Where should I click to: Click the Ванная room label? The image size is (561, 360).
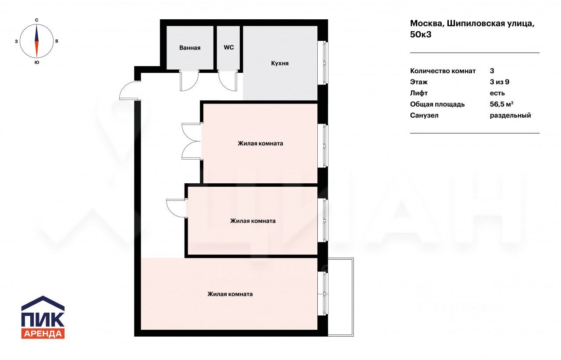coord(190,48)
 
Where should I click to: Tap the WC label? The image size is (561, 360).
coord(229,47)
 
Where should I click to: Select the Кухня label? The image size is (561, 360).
coord(280,63)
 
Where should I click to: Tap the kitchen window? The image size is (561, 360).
coord(323,63)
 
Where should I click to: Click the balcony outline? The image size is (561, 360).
coord(353,297)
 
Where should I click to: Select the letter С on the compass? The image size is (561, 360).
coord(36,20)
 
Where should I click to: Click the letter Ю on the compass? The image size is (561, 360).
coord(36,62)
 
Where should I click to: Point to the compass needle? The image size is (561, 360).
coord(36,41)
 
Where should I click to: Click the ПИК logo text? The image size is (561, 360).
coord(43,319)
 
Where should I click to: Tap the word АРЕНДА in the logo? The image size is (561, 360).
coord(43,334)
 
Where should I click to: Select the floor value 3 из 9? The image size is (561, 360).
coord(500,82)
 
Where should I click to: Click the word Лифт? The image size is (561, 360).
coord(419,93)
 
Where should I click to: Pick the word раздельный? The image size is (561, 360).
coord(511,115)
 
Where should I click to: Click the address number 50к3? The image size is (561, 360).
coord(421,34)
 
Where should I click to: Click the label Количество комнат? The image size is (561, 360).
coord(443,71)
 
